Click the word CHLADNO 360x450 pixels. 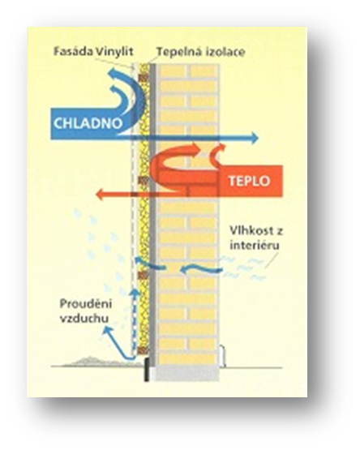(x=88, y=123)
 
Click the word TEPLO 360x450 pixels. (x=249, y=181)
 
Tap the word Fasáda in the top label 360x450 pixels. (x=74, y=52)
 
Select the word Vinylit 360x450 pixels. (x=115, y=52)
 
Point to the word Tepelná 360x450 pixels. (x=179, y=52)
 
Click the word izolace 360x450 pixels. (x=225, y=52)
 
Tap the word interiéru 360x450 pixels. (x=255, y=245)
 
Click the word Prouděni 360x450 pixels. (x=86, y=303)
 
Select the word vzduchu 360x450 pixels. (x=84, y=319)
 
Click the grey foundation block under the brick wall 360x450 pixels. (x=187, y=373)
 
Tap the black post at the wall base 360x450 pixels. (x=147, y=370)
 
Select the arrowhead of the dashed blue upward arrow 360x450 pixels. (x=135, y=293)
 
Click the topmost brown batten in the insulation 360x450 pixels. (x=143, y=78)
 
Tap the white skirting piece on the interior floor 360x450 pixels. (x=222, y=356)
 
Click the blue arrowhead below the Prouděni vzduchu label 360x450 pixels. (x=106, y=332)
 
